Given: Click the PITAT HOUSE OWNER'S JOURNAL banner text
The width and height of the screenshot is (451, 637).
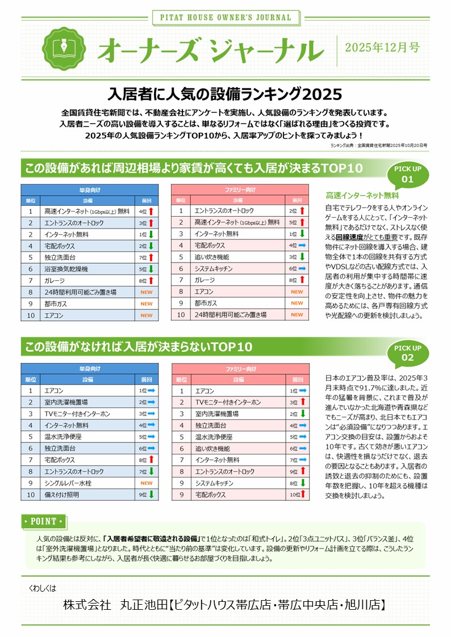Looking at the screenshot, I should tap(225, 18).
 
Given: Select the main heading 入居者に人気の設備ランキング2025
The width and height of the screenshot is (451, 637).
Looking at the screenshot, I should tap(225, 92).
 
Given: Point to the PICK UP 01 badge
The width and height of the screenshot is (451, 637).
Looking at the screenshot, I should tap(408, 175).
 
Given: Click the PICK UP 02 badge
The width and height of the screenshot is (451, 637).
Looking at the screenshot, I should tap(408, 352).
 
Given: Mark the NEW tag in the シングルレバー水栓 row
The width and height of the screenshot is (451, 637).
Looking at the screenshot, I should tap(147, 483).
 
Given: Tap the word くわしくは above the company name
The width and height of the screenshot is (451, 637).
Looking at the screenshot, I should tap(43, 588).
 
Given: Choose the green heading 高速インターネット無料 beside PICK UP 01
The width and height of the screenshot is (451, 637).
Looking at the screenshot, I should tap(362, 196).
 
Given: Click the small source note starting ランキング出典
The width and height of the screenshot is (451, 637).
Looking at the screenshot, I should tap(378, 145).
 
